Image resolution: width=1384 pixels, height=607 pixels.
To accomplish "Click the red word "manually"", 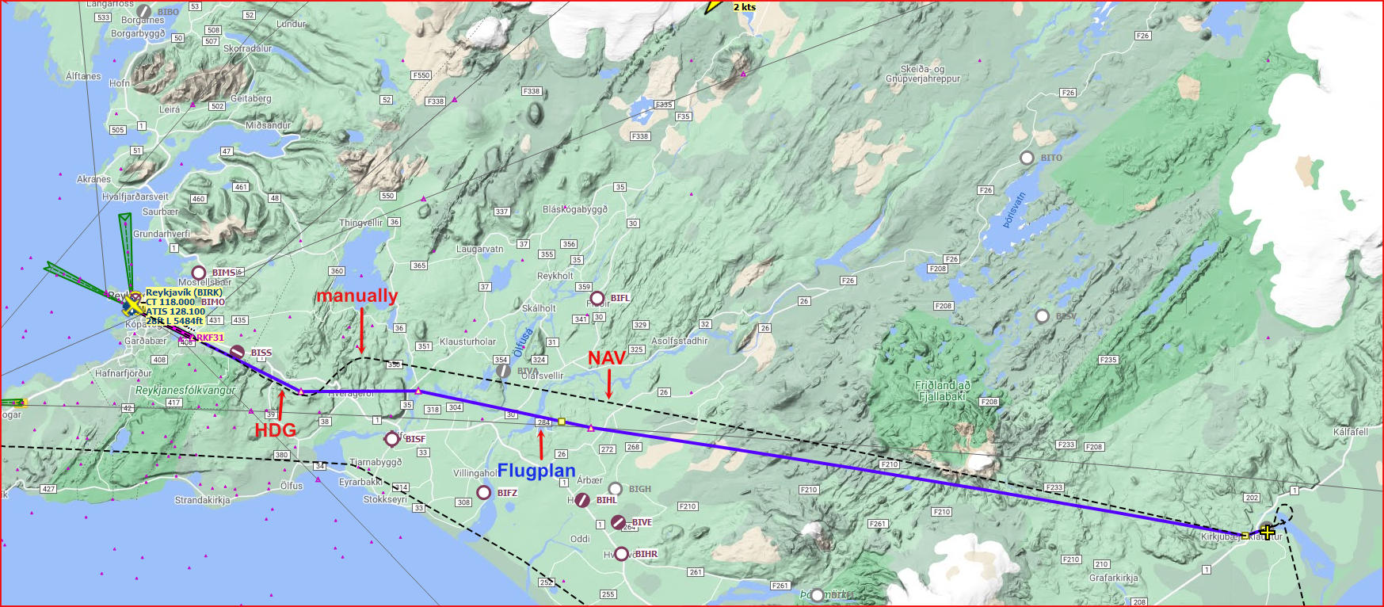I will [x=356, y=296].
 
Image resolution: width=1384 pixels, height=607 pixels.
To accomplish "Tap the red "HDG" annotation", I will [x=275, y=430].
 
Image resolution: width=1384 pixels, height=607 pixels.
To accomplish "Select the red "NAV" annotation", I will [x=607, y=358].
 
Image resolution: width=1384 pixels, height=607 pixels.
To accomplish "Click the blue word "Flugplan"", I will [x=536, y=471].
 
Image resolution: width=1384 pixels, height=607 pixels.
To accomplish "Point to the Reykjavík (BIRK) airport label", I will [x=184, y=292].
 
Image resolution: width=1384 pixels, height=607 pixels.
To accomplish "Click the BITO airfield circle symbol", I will [x=1027, y=158].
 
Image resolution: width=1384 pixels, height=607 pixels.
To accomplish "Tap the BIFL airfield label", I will [x=620, y=298].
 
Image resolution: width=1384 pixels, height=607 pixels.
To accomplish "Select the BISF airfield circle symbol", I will [x=391, y=439].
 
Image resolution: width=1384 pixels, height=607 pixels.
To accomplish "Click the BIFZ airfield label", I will [x=507, y=493].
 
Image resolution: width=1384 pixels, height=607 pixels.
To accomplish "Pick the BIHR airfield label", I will [x=646, y=554].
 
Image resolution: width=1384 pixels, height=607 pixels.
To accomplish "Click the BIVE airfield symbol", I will [x=618, y=521].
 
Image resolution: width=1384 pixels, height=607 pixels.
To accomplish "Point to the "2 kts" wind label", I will [x=744, y=7].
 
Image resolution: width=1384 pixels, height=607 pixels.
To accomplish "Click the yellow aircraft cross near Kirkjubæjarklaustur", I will [x=1268, y=532].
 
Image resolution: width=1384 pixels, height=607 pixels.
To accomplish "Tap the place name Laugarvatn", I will [x=479, y=249].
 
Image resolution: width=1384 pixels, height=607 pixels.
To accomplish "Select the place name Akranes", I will [x=93, y=179].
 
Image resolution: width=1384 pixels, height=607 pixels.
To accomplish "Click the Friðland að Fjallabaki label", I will [x=942, y=391].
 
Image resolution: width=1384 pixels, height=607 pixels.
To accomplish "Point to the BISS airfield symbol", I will [x=237, y=352].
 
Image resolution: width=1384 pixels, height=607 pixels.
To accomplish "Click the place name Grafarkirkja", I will [x=1113, y=578].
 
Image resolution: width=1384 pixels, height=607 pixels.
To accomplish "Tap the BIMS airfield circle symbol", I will [x=199, y=273].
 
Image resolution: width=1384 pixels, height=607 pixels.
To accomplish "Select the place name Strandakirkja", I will [x=202, y=500].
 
